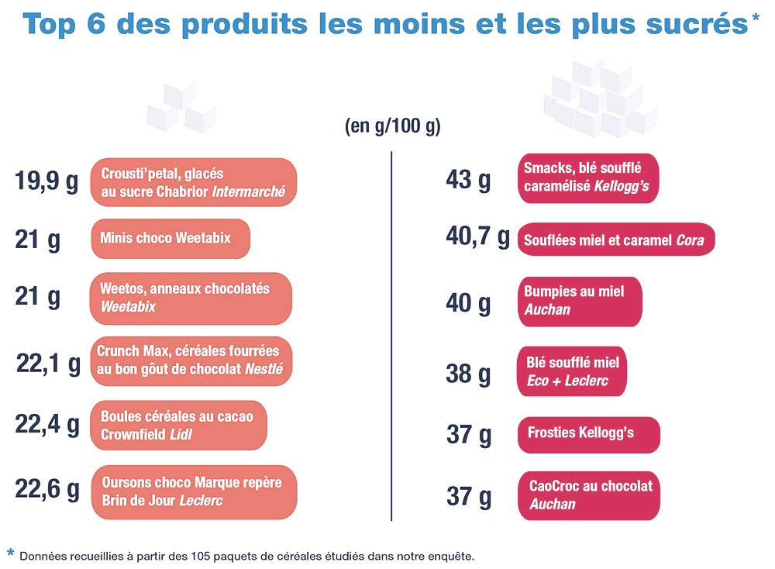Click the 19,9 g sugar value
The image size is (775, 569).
click(x=46, y=182)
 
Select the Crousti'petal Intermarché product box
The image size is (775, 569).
click(x=194, y=182)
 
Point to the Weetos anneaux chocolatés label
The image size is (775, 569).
click(x=191, y=298)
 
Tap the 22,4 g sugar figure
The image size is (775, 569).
click(x=47, y=424)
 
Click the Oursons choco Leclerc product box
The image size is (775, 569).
click(x=194, y=491)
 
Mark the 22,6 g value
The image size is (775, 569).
click(x=47, y=488)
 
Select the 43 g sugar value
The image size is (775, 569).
click(x=468, y=180)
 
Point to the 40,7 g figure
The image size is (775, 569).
click(x=477, y=236)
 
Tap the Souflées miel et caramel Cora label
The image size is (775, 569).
click(x=615, y=240)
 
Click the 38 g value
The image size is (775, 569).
click(x=468, y=374)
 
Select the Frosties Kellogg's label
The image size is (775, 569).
click(x=588, y=434)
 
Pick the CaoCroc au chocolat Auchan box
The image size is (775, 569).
click(x=588, y=495)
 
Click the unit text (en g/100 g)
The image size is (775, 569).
click(x=392, y=127)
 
